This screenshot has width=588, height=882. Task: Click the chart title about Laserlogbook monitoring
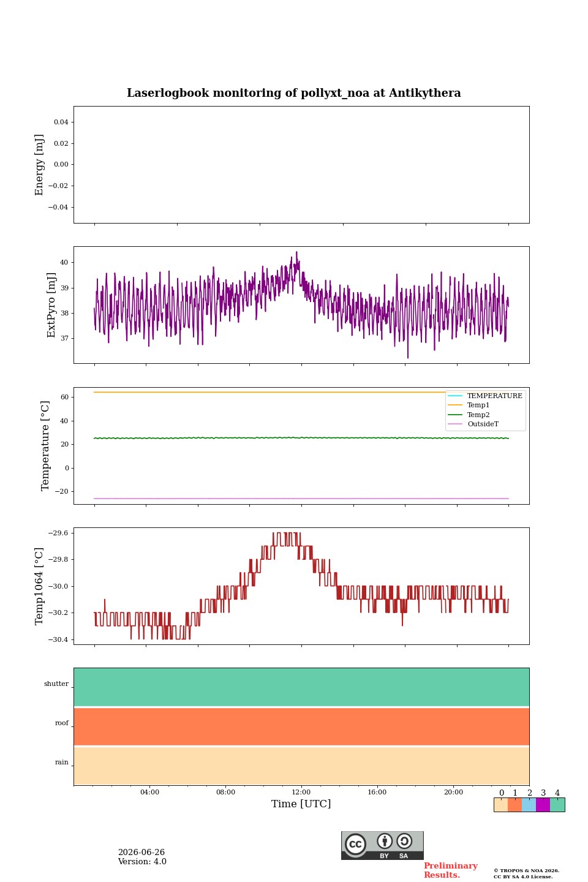pos(293,93)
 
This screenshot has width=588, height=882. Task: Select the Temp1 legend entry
pos(469,405)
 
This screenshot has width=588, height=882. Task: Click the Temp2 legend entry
pos(469,415)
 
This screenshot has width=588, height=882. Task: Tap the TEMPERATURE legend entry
pos(485,396)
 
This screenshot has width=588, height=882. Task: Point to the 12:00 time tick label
pos(301,792)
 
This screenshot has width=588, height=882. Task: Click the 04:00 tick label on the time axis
pos(149,792)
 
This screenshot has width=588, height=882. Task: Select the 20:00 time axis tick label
pos(453,792)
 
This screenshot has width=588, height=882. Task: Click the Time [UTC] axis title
pos(301,804)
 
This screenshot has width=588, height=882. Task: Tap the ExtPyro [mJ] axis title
pos(51,305)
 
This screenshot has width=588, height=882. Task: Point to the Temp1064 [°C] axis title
pos(39,586)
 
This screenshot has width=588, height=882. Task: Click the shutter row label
pos(56,684)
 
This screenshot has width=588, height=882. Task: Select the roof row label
pos(62,723)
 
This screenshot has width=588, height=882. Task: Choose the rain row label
pos(62,762)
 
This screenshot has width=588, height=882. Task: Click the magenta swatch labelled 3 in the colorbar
pos(543,805)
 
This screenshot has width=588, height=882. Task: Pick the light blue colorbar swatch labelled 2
pos(529,805)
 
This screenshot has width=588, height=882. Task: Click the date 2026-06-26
pos(141,852)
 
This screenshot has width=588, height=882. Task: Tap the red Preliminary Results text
pos(451,870)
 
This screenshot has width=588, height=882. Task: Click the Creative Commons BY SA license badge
pos(382,845)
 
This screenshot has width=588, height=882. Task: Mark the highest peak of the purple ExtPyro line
pos(296,252)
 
